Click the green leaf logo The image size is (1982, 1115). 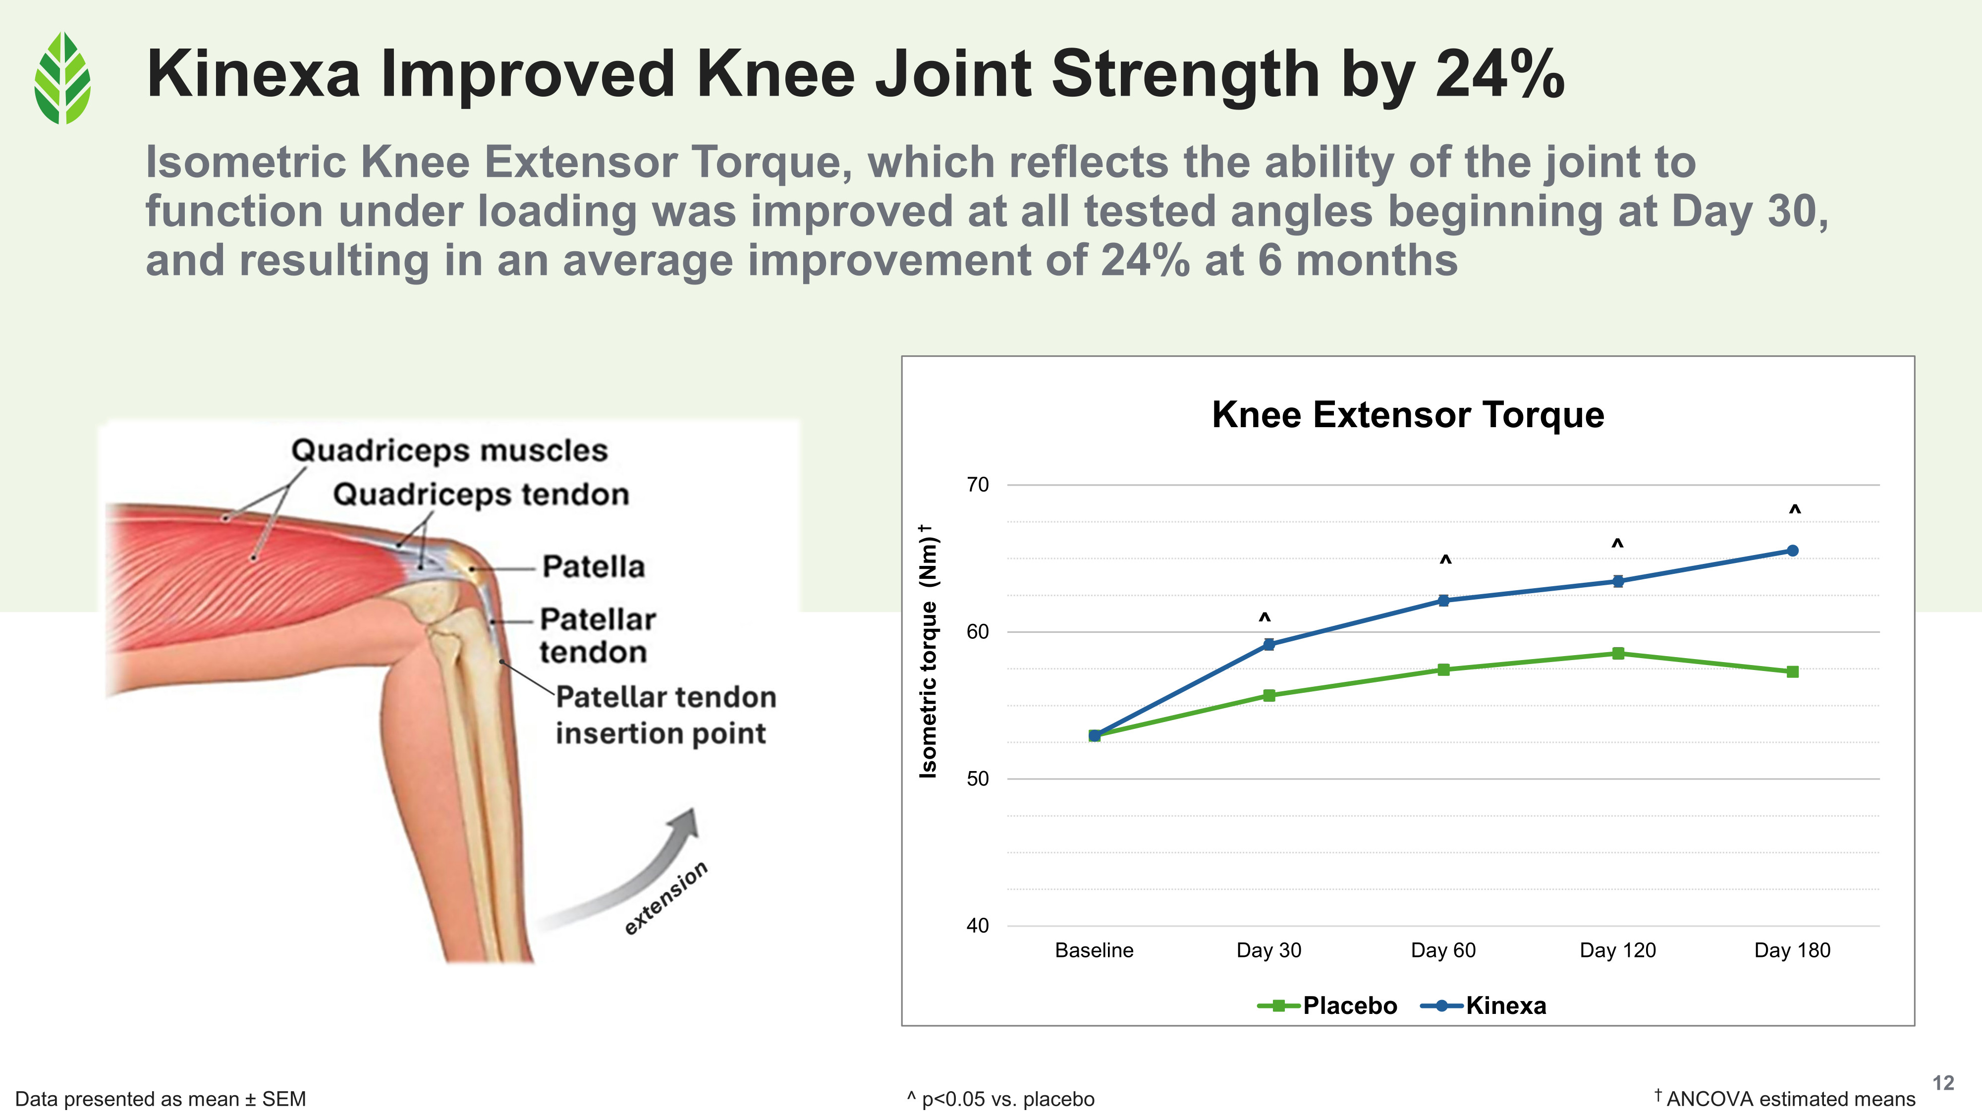pyautogui.click(x=62, y=78)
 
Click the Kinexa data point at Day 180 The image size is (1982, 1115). pyautogui.click(x=1792, y=551)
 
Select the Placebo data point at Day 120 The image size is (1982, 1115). pyautogui.click(x=1618, y=653)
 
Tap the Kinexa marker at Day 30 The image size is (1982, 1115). pyautogui.click(x=1269, y=645)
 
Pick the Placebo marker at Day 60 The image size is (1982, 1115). pyautogui.click(x=1443, y=669)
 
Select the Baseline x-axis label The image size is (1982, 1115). pyautogui.click(x=1094, y=950)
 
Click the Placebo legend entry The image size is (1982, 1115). pyautogui.click(x=1327, y=1006)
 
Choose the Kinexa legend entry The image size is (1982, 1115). pyautogui.click(x=1484, y=1006)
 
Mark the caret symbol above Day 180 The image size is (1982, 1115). pyautogui.click(x=1794, y=510)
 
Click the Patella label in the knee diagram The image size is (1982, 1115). pyautogui.click(x=593, y=566)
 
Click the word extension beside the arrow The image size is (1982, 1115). pyautogui.click(x=665, y=897)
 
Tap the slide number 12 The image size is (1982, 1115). pyautogui.click(x=1943, y=1083)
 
